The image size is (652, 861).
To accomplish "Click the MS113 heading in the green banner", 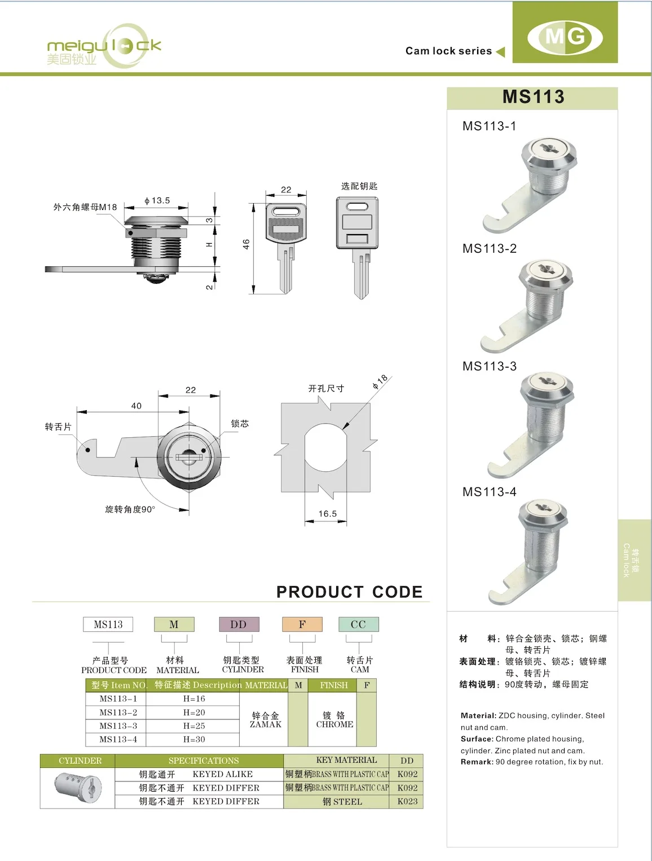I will pos(533,97).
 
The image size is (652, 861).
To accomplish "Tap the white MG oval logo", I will pos(565,37).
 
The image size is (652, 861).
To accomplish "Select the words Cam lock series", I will pos(448,51).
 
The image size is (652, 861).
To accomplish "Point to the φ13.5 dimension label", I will pos(157,200).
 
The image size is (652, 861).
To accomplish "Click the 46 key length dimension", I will pos(246,244).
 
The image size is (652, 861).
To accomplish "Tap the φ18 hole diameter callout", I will pos(380,382).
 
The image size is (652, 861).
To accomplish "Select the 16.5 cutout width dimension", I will pos(327,513).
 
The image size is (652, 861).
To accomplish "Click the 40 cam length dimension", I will pos(136,406).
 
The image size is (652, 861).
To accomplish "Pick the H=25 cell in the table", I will pos(194,726).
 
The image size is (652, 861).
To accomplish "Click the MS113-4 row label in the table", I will pos(118,739).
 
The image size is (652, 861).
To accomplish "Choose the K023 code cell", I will pos(407,801).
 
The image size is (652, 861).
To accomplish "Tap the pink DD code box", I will pos(239,625).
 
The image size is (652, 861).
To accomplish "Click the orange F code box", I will pos(302,625).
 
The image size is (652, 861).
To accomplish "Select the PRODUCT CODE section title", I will pos(349,592).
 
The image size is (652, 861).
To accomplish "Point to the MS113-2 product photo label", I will pos(489,249).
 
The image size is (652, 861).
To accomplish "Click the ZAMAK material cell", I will pos(265,720).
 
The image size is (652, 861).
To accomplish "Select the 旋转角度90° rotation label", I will pos(130,509).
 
